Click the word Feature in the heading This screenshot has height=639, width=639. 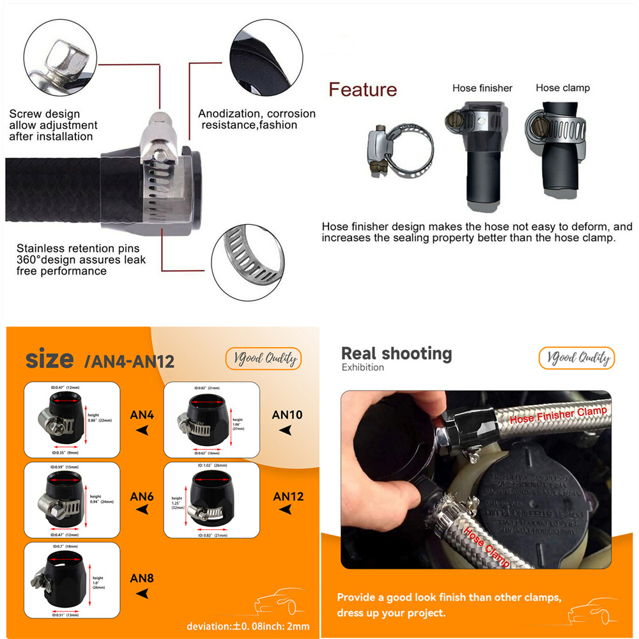[x=362, y=89]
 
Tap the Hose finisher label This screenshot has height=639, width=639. [x=482, y=88]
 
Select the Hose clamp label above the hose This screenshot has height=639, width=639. [x=562, y=88]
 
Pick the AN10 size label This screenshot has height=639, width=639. [x=287, y=414]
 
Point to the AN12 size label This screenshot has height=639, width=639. [x=288, y=496]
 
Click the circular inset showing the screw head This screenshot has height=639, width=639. [x=65, y=54]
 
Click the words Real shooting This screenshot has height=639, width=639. [x=396, y=353]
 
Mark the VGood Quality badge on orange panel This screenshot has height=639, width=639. [x=263, y=358]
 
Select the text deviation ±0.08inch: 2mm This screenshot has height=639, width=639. [x=248, y=626]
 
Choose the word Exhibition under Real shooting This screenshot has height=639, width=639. [x=363, y=367]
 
